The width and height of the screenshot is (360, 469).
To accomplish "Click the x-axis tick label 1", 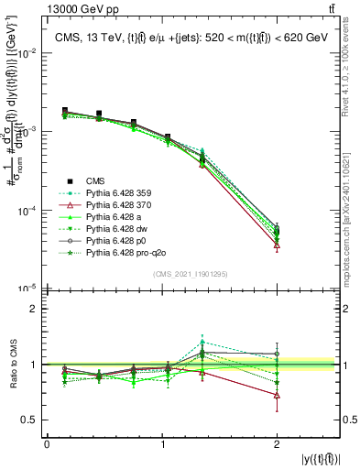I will coord(163,444).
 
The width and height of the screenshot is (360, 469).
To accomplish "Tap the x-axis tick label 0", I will coord(47,444).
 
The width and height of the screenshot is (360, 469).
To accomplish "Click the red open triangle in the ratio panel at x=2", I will coord(277,396).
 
